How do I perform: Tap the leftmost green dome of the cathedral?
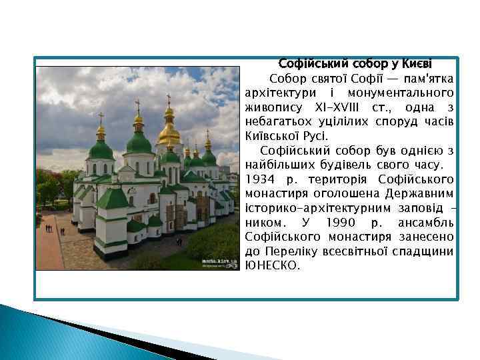pyautogui.click(x=101, y=149)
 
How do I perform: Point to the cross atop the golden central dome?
pyautogui.click(x=169, y=100)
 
